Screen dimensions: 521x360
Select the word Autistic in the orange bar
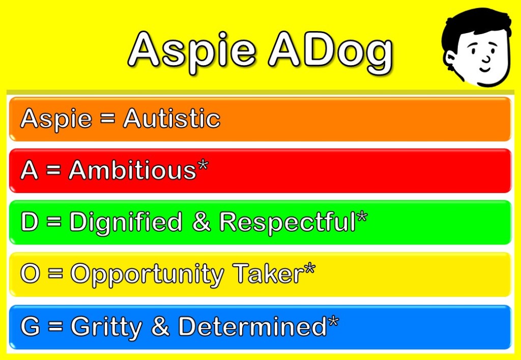point(172,118)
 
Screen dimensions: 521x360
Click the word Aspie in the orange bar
point(56,120)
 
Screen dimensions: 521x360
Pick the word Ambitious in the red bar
point(133,170)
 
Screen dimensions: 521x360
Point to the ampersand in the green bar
point(201,222)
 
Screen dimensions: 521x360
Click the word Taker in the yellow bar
point(268,273)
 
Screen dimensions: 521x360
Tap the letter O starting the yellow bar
point(30,273)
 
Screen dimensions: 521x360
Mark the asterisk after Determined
point(333,322)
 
